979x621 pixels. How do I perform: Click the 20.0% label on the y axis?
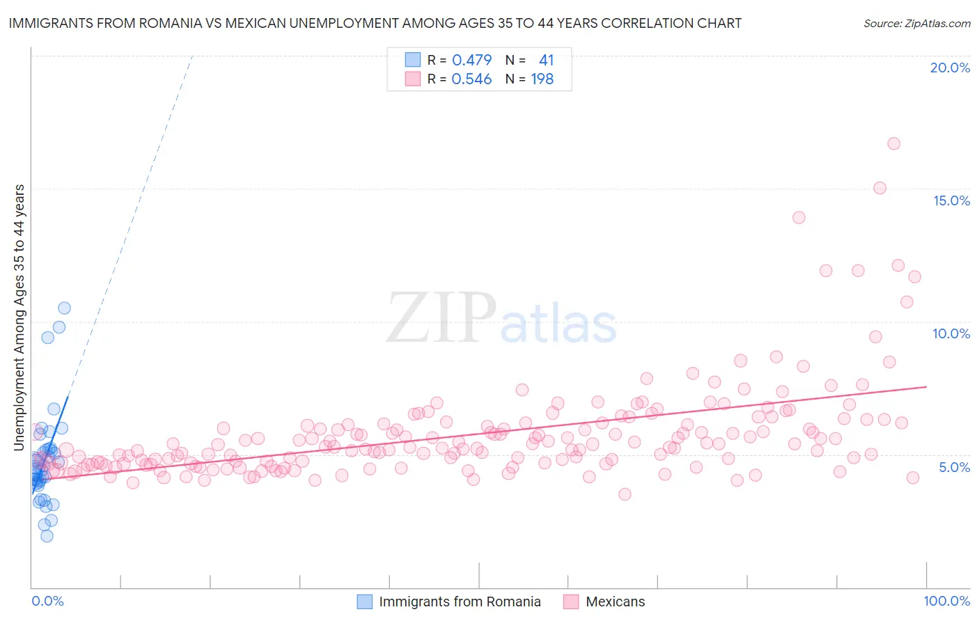(x=950, y=68)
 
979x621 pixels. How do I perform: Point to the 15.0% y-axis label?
(x=951, y=201)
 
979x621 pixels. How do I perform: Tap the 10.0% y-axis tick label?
(x=951, y=333)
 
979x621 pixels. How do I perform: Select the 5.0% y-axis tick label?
(x=954, y=467)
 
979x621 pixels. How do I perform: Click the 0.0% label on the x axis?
(x=47, y=601)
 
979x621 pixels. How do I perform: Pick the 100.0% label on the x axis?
(x=946, y=601)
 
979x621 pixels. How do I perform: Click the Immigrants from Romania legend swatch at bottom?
(x=365, y=602)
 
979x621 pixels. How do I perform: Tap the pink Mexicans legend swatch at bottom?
(x=571, y=602)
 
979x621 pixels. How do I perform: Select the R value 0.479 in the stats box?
(x=471, y=61)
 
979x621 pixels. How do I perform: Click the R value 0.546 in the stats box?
(x=471, y=79)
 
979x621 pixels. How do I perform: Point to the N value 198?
(x=542, y=79)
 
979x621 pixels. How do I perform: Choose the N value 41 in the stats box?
(x=546, y=61)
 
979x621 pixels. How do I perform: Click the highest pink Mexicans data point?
(x=893, y=143)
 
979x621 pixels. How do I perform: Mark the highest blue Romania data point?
(x=64, y=308)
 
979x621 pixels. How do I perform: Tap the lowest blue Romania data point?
(x=47, y=536)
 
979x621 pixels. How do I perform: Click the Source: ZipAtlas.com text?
(x=916, y=24)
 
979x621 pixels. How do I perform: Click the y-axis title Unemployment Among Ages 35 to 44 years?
(x=19, y=317)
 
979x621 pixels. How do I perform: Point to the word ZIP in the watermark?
(x=441, y=319)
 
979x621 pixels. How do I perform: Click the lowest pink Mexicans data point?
(x=625, y=494)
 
